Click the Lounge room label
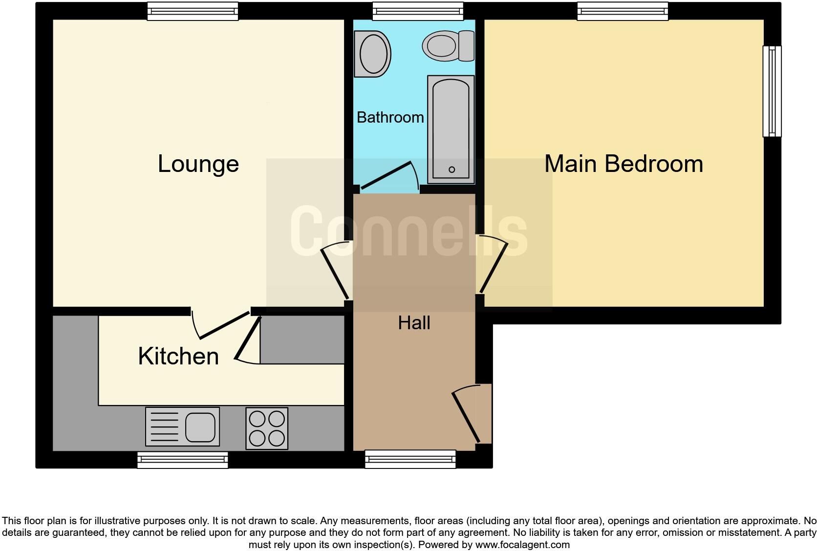pyautogui.click(x=198, y=164)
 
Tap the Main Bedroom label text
pyautogui.click(x=623, y=164)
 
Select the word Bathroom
pyautogui.click(x=390, y=117)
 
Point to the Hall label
pyautogui.click(x=414, y=323)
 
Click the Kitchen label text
pyautogui.click(x=178, y=356)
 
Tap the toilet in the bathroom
pyautogui.click(x=448, y=46)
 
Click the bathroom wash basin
pyautogui.click(x=374, y=54)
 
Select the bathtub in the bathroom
pyautogui.click(x=451, y=129)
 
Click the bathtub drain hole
pyautogui.click(x=451, y=170)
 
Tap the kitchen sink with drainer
pyautogui.click(x=182, y=426)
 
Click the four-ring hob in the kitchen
pyautogui.click(x=267, y=428)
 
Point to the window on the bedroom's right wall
pyautogui.click(x=772, y=91)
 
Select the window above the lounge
pyautogui.click(x=193, y=11)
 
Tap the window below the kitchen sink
pyautogui.click(x=182, y=460)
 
